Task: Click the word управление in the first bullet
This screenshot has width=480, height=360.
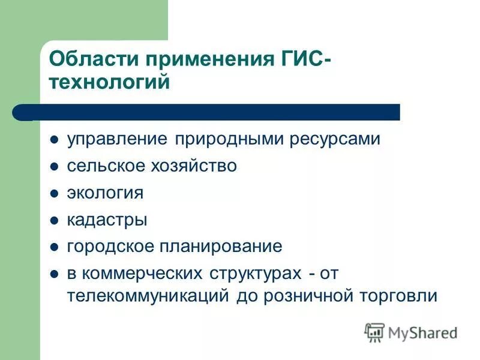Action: coord(118,139)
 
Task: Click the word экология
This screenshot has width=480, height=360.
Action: coord(105,193)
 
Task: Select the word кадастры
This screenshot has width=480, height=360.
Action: coord(107,220)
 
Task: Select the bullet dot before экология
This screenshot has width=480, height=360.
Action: coord(54,194)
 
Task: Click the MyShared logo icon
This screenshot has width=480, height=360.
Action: coord(374,332)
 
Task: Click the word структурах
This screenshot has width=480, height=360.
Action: coord(254,274)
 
